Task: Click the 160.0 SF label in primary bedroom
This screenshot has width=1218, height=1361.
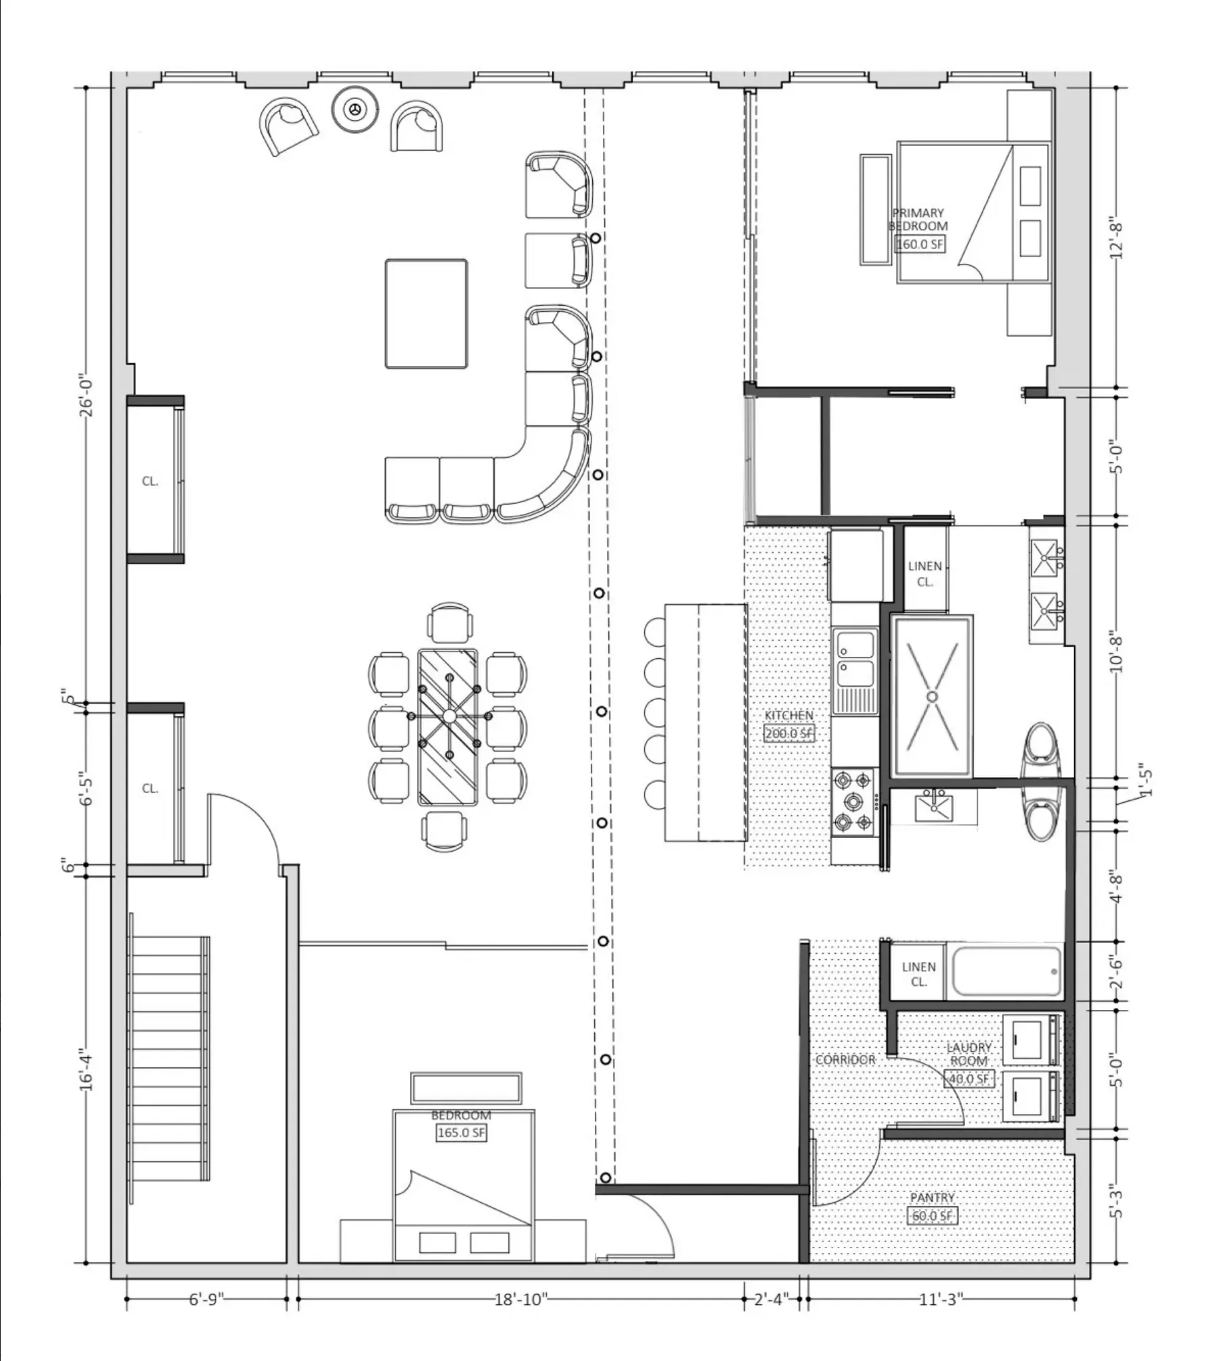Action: coord(919,244)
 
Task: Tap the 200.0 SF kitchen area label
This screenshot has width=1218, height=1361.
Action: coord(789,733)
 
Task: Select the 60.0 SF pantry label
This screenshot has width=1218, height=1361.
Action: coord(932,1216)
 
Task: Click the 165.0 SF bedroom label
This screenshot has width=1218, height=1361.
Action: coord(461,1133)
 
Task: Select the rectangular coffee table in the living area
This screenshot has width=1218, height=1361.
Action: coord(426,314)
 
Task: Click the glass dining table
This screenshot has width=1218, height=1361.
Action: coord(448,727)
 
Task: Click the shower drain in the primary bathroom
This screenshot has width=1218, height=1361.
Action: coord(932,696)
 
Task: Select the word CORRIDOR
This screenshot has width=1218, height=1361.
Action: coord(845,1060)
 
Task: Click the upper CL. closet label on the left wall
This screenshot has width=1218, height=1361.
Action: coord(150,481)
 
